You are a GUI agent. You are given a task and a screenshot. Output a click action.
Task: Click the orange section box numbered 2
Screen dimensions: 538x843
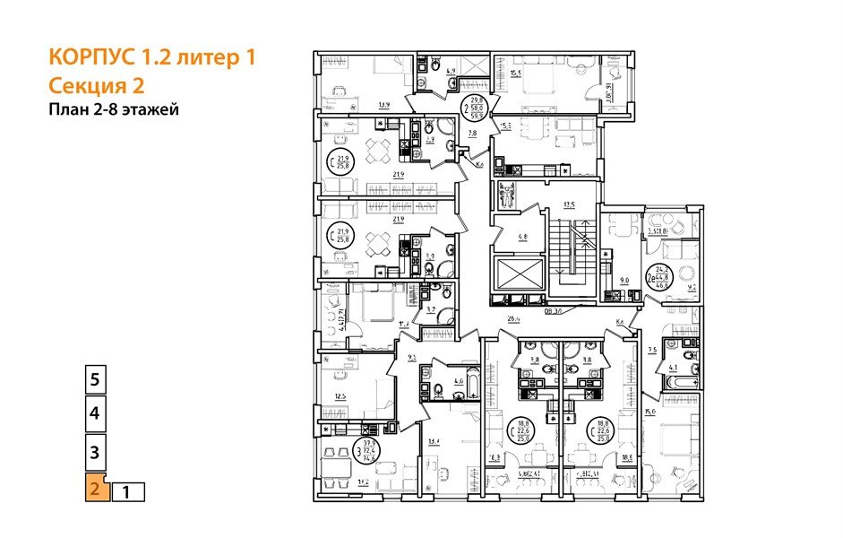[x=94, y=490]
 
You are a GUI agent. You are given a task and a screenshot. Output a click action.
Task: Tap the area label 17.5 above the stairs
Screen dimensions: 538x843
[x=567, y=204]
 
